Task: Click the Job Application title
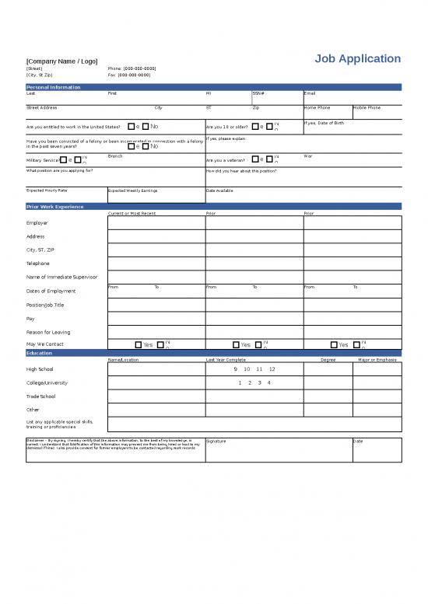(358, 59)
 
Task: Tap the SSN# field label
(258, 93)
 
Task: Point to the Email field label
(309, 93)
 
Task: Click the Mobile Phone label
(367, 107)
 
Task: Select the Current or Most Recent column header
(132, 213)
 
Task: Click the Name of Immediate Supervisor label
(61, 277)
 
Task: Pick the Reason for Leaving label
(48, 332)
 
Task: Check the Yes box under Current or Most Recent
(139, 344)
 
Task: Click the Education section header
(40, 353)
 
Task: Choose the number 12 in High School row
(272, 369)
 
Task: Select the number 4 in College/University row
(268, 382)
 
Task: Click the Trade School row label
(40, 396)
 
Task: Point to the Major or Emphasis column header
(377, 360)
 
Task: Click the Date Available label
(219, 190)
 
